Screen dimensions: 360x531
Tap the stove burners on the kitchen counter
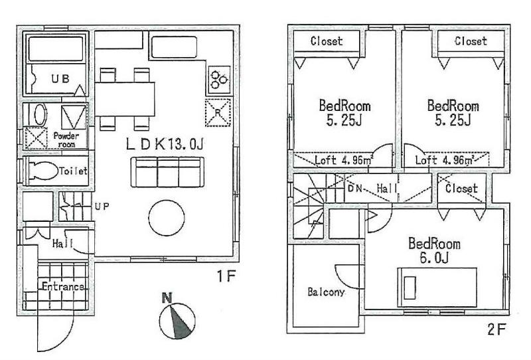[218, 80]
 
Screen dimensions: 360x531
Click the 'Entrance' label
[63, 287]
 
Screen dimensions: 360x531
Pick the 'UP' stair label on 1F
[102, 206]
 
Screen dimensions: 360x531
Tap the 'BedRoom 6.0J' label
[434, 251]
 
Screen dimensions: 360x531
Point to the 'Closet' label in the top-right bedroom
[471, 41]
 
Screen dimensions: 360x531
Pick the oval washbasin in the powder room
[38, 114]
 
